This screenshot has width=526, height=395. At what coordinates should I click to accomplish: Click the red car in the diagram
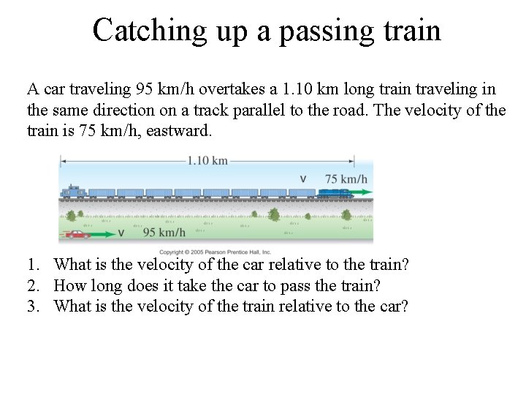[x=76, y=233]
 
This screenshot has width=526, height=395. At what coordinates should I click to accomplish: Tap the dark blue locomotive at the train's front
[x=334, y=193]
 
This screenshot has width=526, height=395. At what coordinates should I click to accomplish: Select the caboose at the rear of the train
[x=73, y=192]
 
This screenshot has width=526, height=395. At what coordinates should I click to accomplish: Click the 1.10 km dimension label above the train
[x=207, y=161]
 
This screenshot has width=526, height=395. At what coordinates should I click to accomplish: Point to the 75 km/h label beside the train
[x=346, y=178]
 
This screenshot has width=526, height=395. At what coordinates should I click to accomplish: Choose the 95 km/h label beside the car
[x=164, y=233]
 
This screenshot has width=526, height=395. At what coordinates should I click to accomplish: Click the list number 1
[x=33, y=265]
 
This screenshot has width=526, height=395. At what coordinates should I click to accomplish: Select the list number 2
[x=33, y=285]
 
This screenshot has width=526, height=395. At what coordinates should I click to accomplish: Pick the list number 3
[x=33, y=306]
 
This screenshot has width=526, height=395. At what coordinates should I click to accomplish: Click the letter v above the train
[x=304, y=178]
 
